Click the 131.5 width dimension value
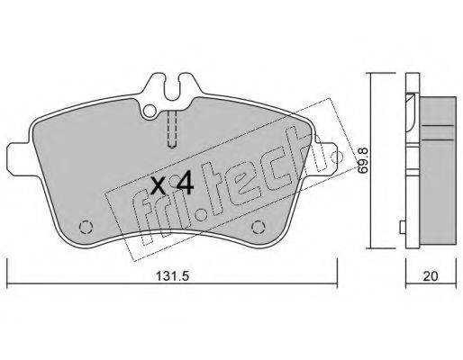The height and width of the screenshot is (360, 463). pyautogui.click(x=172, y=275)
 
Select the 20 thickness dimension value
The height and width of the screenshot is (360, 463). pyautogui.click(x=431, y=276)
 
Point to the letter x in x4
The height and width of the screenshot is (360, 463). pyautogui.click(x=158, y=185)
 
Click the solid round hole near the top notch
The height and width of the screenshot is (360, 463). pyautogui.click(x=150, y=111)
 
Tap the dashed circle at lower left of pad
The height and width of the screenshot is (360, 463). pyautogui.click(x=86, y=227)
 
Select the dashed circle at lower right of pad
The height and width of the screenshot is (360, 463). pyautogui.click(x=259, y=227)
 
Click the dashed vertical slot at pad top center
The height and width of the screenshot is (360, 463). pyautogui.click(x=172, y=130)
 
